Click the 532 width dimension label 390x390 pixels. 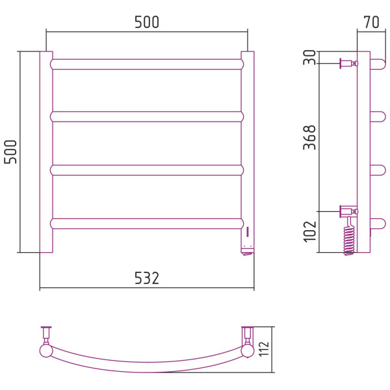tap(147, 278)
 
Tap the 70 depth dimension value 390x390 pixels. tap(371, 22)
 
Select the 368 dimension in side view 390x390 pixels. tap(309, 137)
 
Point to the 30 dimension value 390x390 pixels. tap(309, 57)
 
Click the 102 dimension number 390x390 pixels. tap(309, 231)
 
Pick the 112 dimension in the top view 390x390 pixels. tap(264, 348)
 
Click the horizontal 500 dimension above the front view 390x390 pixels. tap(147, 22)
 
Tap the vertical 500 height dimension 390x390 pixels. tap(10, 151)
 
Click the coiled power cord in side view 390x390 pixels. tap(349, 237)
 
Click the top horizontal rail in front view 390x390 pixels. tap(147, 64)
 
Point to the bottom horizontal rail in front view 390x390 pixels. tap(147, 224)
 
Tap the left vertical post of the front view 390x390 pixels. tap(46, 152)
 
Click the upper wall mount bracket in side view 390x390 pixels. tap(348, 64)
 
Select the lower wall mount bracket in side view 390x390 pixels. tap(348, 212)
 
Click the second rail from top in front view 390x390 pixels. tap(147, 116)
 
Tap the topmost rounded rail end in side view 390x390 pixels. tap(378, 64)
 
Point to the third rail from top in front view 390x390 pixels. tap(147, 170)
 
